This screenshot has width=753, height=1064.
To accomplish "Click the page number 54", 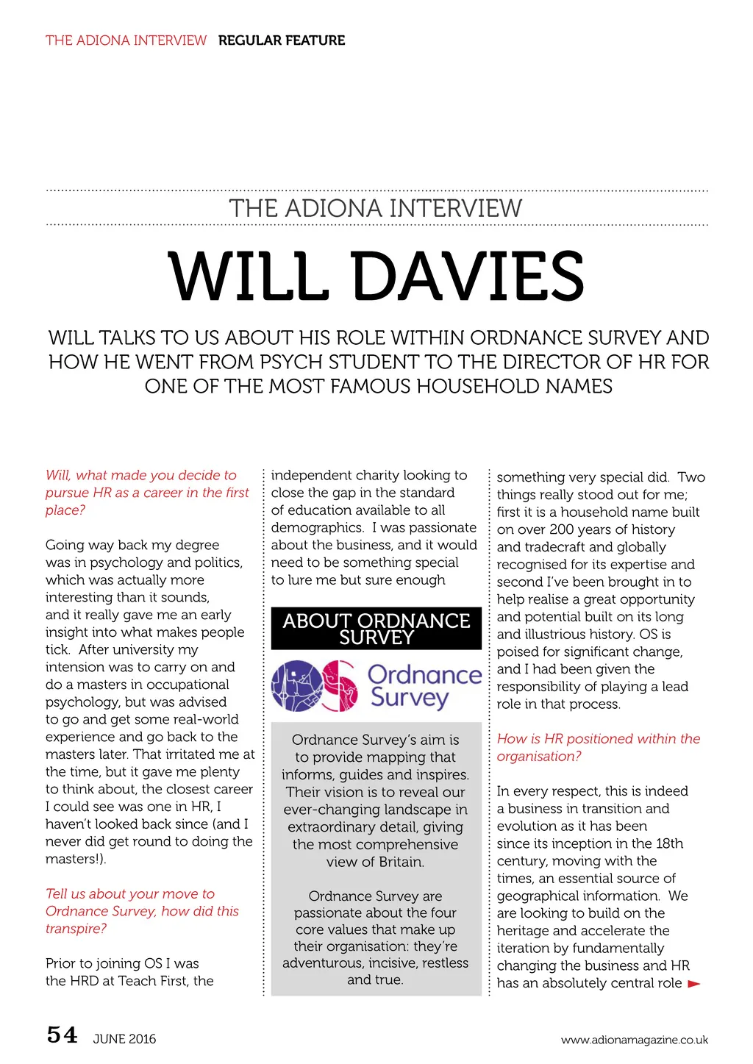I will tap(63, 1035).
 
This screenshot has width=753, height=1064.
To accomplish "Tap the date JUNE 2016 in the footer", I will tap(124, 1039).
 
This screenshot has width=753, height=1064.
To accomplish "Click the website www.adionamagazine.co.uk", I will tap(634, 1040).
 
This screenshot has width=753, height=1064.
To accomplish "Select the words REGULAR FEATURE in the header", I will tap(282, 40).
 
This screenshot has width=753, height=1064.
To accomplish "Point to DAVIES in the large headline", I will tap(469, 276).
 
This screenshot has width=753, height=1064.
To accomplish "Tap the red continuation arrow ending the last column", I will tap(693, 984).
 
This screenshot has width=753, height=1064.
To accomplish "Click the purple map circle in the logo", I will tap(296, 686).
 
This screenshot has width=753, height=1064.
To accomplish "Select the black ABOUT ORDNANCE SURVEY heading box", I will tap(376, 629).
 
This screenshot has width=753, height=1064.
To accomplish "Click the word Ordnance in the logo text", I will tap(424, 674).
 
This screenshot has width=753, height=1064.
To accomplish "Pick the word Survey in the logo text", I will tap(409, 697).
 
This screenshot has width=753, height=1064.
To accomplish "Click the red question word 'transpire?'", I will tap(76, 929).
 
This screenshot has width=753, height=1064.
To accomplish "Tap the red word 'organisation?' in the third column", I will tap(539, 757).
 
